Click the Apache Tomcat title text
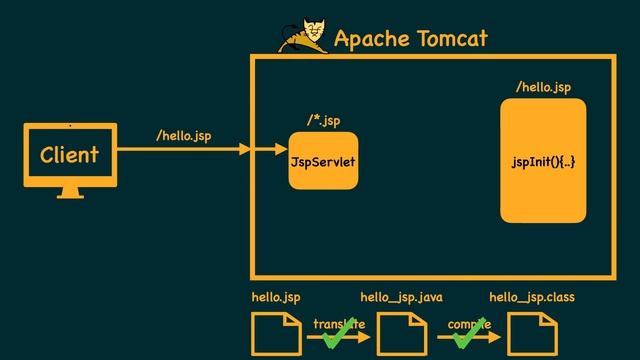pyautogui.click(x=410, y=39)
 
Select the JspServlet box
pyautogui.click(x=323, y=160)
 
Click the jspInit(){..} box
pyautogui.click(x=543, y=161)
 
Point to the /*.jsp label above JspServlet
pyautogui.click(x=323, y=121)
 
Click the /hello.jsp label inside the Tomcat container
pyautogui.click(x=543, y=88)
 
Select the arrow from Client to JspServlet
pyautogui.click(x=200, y=150)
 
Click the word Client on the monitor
pyautogui.click(x=69, y=155)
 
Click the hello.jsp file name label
pyautogui.click(x=275, y=297)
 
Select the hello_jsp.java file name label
pyautogui.click(x=401, y=297)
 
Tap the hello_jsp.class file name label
pyautogui.click(x=532, y=297)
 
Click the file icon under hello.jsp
pyautogui.click(x=276, y=333)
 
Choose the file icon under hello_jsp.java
pyautogui.click(x=402, y=333)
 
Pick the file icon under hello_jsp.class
pyautogui.click(x=532, y=333)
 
